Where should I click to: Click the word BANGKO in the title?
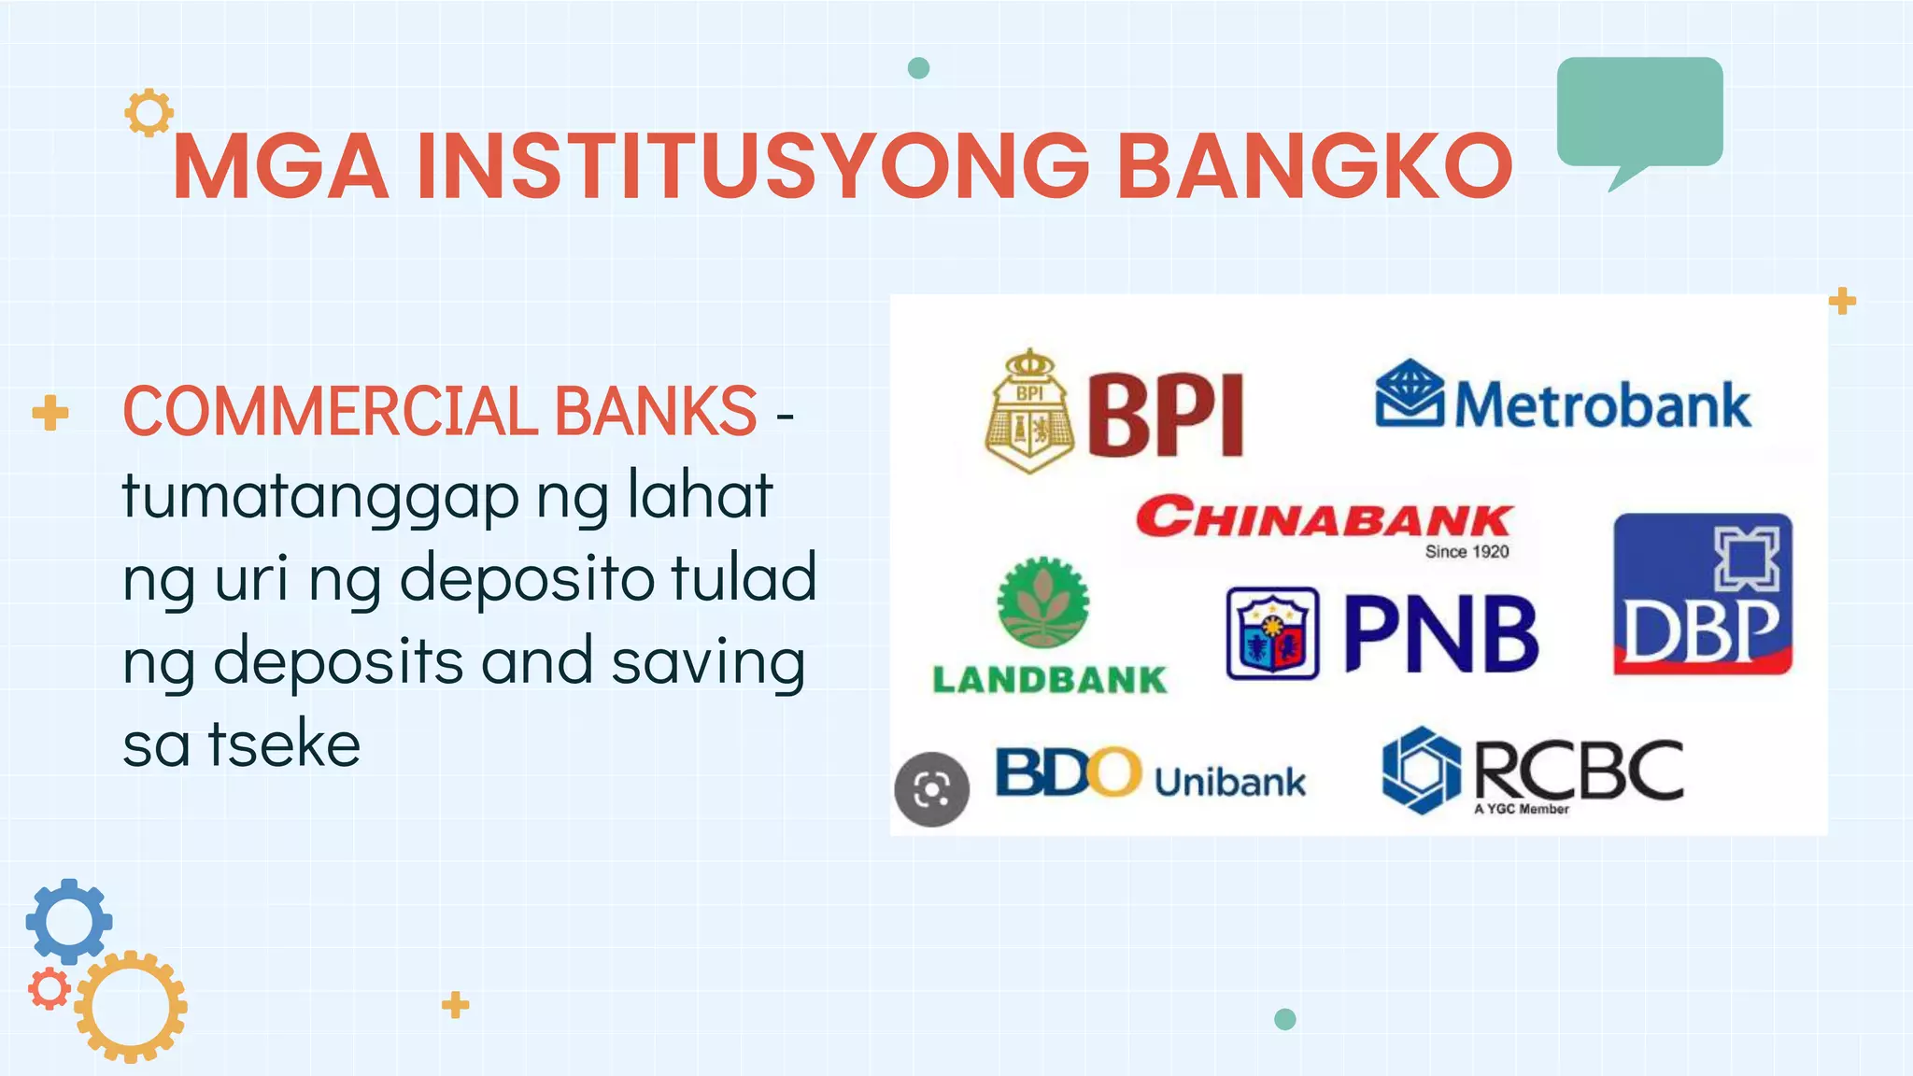[x=1314, y=166]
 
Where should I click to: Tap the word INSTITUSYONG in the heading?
[x=753, y=166]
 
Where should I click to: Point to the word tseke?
[x=284, y=744]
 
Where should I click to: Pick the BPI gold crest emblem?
[x=1028, y=411]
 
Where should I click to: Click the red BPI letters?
[x=1166, y=415]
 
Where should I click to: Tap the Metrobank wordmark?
[x=1602, y=405]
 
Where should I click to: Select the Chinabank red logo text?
[x=1323, y=517]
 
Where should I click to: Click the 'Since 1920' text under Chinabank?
[x=1467, y=552]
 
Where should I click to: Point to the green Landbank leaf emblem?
[x=1042, y=603]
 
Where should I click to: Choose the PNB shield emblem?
[x=1272, y=633]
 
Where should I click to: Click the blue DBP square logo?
[x=1703, y=593]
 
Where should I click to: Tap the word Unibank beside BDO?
[x=1229, y=782]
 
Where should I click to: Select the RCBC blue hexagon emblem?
[x=1421, y=771]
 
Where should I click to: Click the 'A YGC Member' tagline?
[x=1521, y=809]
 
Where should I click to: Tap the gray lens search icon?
[x=931, y=789]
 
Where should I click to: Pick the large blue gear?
[x=68, y=921]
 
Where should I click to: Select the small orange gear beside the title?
[x=149, y=113]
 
